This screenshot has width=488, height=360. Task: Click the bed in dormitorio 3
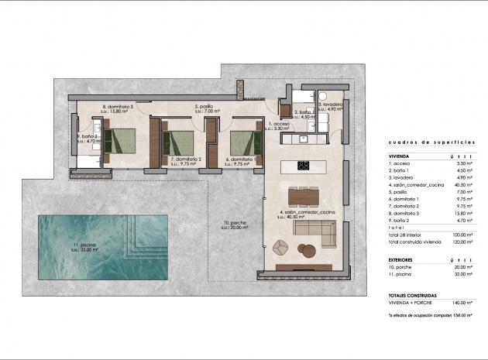point(121,140)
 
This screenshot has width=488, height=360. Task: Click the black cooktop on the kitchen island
point(304,165)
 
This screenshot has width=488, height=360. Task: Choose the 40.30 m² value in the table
point(461,186)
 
